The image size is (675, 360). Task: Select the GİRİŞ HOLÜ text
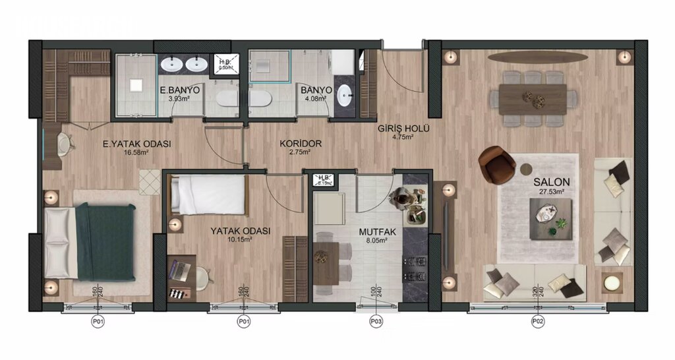pyautogui.click(x=403, y=129)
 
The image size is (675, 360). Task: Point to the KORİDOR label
pyautogui.click(x=300, y=142)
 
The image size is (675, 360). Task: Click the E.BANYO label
pyautogui.click(x=177, y=90)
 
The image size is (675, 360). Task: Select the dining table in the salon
pyautogui.click(x=533, y=99)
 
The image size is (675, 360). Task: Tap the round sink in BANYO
pyautogui.click(x=345, y=96)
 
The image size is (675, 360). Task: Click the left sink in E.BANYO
pyautogui.click(x=173, y=64)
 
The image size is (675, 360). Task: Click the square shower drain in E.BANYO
pyautogui.click(x=136, y=85)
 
